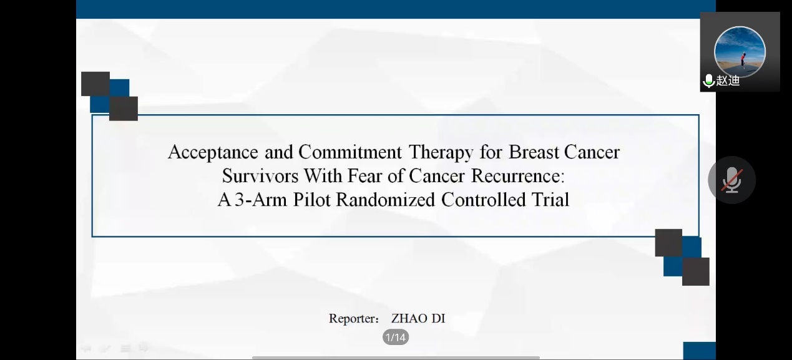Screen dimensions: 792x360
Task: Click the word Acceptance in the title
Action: (x=213, y=153)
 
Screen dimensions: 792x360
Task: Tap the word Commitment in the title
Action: (x=350, y=152)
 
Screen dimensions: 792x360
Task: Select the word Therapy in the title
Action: (x=441, y=153)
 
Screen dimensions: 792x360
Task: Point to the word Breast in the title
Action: (x=534, y=152)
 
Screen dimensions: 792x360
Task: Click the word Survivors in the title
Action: (x=260, y=176)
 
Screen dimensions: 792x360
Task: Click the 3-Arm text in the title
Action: (x=261, y=200)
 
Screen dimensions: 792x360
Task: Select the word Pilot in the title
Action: (x=311, y=200)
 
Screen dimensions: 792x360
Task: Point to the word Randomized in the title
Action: (x=386, y=200)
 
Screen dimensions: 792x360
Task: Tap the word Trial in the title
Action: (x=550, y=200)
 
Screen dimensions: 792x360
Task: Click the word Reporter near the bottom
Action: (x=354, y=319)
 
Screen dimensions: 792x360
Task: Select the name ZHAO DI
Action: (x=418, y=318)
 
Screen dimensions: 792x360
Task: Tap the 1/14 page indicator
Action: (x=396, y=338)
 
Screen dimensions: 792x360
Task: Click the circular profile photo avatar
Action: (x=740, y=52)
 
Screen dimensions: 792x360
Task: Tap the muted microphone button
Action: (x=731, y=180)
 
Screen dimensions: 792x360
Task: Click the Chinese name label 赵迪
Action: (x=728, y=80)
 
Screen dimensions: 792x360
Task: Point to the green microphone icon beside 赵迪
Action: (x=708, y=80)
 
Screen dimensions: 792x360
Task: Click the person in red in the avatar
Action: (x=743, y=59)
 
